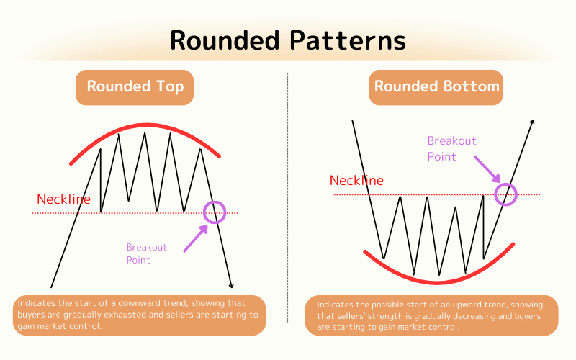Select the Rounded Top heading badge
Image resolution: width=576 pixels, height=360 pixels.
click(135, 86)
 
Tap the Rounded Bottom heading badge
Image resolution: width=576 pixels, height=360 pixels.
click(436, 86)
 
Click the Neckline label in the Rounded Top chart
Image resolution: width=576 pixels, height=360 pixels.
click(64, 199)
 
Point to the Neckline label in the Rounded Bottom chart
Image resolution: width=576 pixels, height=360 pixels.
click(356, 181)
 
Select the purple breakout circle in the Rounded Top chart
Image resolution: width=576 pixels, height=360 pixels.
click(215, 212)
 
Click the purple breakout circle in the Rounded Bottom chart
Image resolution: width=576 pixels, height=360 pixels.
click(507, 194)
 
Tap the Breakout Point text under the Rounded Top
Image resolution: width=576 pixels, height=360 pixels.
click(146, 253)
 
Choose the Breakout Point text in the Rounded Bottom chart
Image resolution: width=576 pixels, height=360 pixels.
click(451, 148)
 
